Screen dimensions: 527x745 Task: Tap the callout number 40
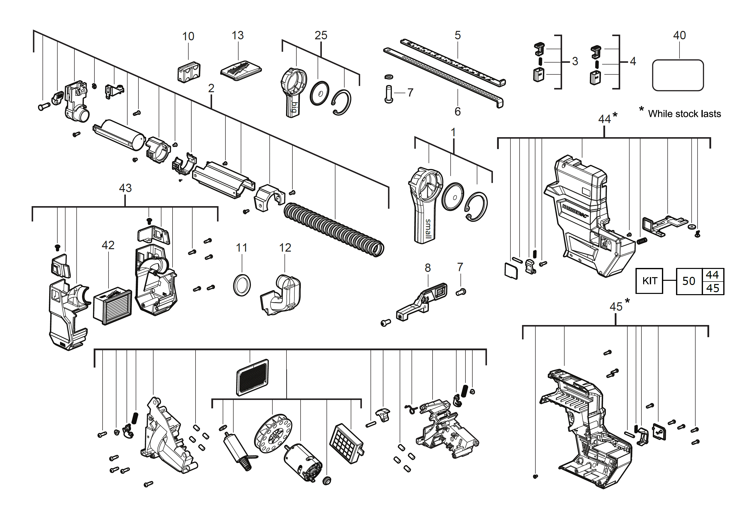click(679, 35)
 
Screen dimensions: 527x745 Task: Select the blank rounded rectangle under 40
click(678, 75)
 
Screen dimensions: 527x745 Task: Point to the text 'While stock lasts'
click(684, 114)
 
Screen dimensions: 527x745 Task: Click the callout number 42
click(108, 245)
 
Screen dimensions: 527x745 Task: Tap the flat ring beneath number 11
click(242, 285)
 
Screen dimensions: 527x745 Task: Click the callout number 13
click(238, 35)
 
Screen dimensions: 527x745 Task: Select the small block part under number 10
click(189, 72)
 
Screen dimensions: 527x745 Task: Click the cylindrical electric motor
click(303, 462)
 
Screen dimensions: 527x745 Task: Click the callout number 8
click(428, 268)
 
